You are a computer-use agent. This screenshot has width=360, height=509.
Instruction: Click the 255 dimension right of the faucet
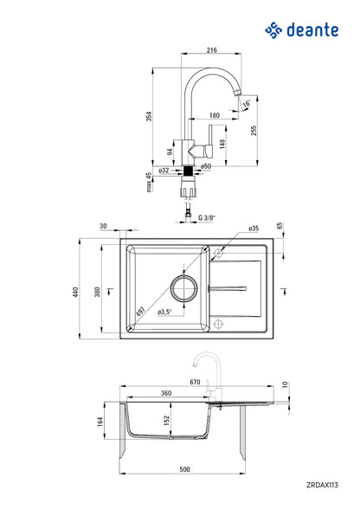277,129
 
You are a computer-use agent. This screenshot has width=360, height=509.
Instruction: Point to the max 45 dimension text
149,183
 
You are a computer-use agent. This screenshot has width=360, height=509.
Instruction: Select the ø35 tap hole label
254,229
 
